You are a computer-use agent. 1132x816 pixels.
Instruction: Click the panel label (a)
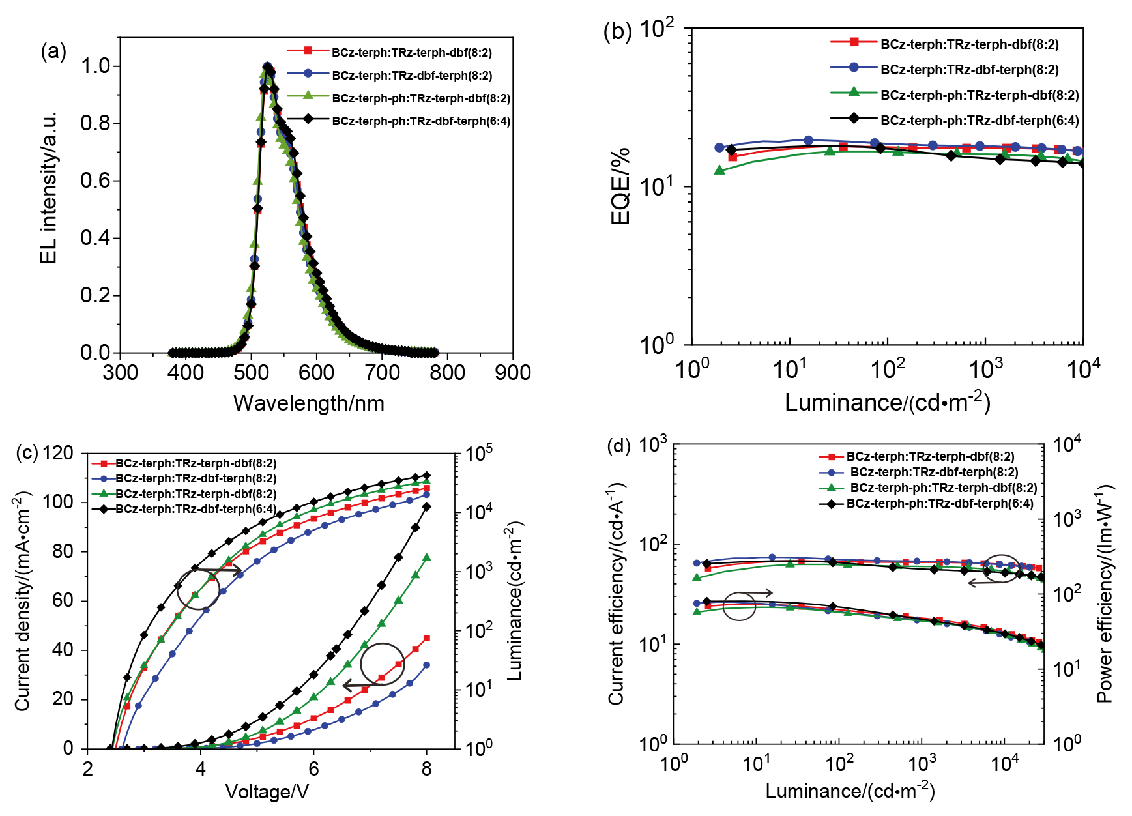[x=53, y=51]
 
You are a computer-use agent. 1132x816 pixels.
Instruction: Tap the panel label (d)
[x=618, y=446]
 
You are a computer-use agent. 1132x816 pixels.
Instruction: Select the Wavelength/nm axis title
[x=309, y=403]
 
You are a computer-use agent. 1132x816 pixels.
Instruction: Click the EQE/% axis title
[x=620, y=186]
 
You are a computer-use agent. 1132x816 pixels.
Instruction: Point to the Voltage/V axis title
[x=267, y=791]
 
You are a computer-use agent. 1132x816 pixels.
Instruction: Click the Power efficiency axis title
[x=1105, y=593]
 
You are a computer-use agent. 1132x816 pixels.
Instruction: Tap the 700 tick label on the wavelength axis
[x=382, y=373]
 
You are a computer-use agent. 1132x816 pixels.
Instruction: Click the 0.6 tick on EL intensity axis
[x=96, y=181]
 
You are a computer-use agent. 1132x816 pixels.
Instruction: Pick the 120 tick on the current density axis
[x=57, y=453]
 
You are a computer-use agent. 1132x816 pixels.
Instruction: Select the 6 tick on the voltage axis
[x=313, y=768]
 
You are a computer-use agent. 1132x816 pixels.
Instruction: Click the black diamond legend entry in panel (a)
[x=399, y=121]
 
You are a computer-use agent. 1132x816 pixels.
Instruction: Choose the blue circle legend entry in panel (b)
[x=944, y=69]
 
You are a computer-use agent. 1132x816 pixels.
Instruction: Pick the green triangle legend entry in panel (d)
[x=928, y=488]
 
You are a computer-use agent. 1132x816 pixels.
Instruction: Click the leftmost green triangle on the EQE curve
[x=719, y=170]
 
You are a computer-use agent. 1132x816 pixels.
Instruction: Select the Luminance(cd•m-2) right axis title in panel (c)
[x=515, y=600]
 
